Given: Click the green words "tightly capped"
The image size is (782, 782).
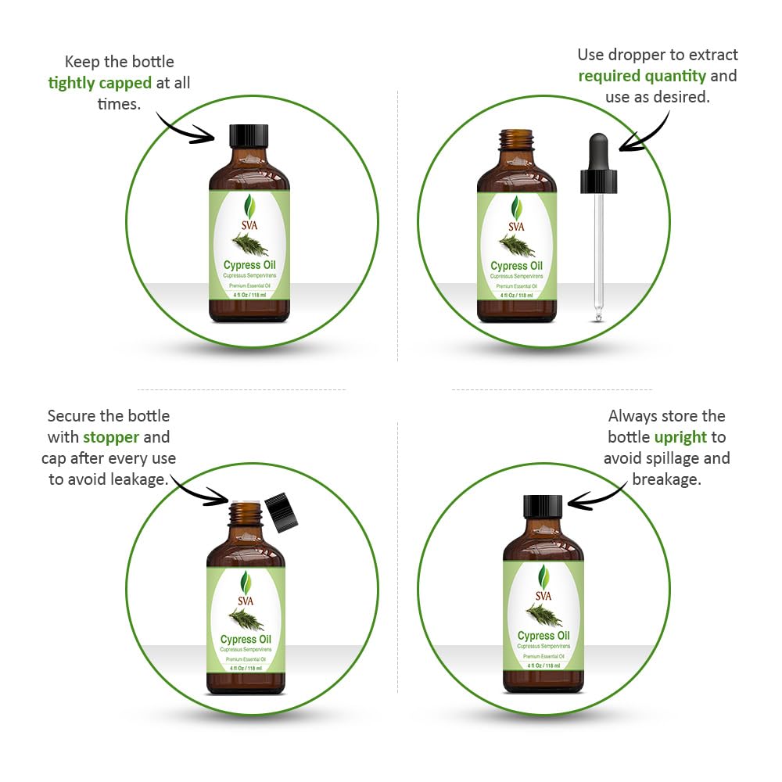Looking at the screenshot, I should (x=99, y=83).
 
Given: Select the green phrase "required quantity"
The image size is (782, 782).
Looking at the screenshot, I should (x=642, y=76).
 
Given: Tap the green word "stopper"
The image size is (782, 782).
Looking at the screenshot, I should (x=111, y=437).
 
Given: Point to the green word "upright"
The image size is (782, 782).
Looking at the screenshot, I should (x=680, y=437).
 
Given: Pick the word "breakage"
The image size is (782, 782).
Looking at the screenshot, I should (x=666, y=479).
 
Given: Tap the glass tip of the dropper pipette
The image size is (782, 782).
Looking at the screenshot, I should (x=598, y=315).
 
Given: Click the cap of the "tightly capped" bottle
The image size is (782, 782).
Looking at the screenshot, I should (x=249, y=135).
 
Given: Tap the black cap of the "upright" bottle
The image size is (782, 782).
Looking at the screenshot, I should (x=543, y=506).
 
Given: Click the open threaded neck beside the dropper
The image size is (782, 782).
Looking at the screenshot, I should (x=516, y=140).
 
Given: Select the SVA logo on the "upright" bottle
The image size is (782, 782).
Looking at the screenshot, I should (x=543, y=583).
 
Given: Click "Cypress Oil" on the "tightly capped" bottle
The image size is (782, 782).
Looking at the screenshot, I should (x=249, y=265).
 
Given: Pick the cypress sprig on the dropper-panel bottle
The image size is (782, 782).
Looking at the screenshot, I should (x=518, y=246).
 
